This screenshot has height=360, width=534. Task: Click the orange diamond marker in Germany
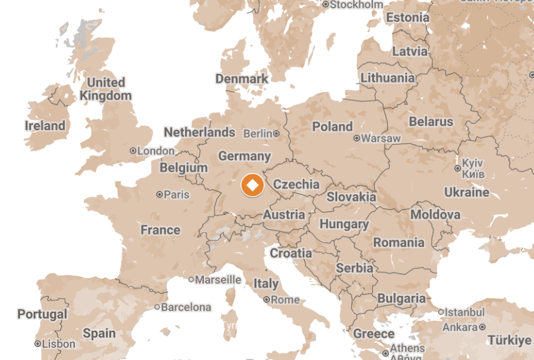[252, 185]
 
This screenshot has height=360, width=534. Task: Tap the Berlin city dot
[276, 133]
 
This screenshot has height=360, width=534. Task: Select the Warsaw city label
[381, 138]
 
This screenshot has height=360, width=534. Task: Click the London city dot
[133, 151]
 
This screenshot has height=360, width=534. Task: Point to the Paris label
[177, 194]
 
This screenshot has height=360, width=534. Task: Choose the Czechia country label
[296, 184]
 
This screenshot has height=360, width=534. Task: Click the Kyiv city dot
[458, 168]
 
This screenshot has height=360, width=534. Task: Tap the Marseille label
[218, 280]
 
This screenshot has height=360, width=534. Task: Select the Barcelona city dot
[157, 307]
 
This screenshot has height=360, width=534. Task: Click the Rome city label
[285, 300]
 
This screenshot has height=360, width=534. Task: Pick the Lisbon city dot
[38, 344]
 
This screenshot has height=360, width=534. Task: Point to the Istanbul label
[465, 312]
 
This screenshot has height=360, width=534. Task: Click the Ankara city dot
[483, 327]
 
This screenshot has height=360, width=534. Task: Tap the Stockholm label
[357, 5]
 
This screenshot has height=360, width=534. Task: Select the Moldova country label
[435, 214]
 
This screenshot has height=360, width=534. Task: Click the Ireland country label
[45, 126]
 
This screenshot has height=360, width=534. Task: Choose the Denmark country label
[242, 79]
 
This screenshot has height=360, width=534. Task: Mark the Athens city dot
[386, 353]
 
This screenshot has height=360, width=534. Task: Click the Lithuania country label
[387, 78]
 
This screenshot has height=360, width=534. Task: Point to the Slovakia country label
[351, 197]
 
